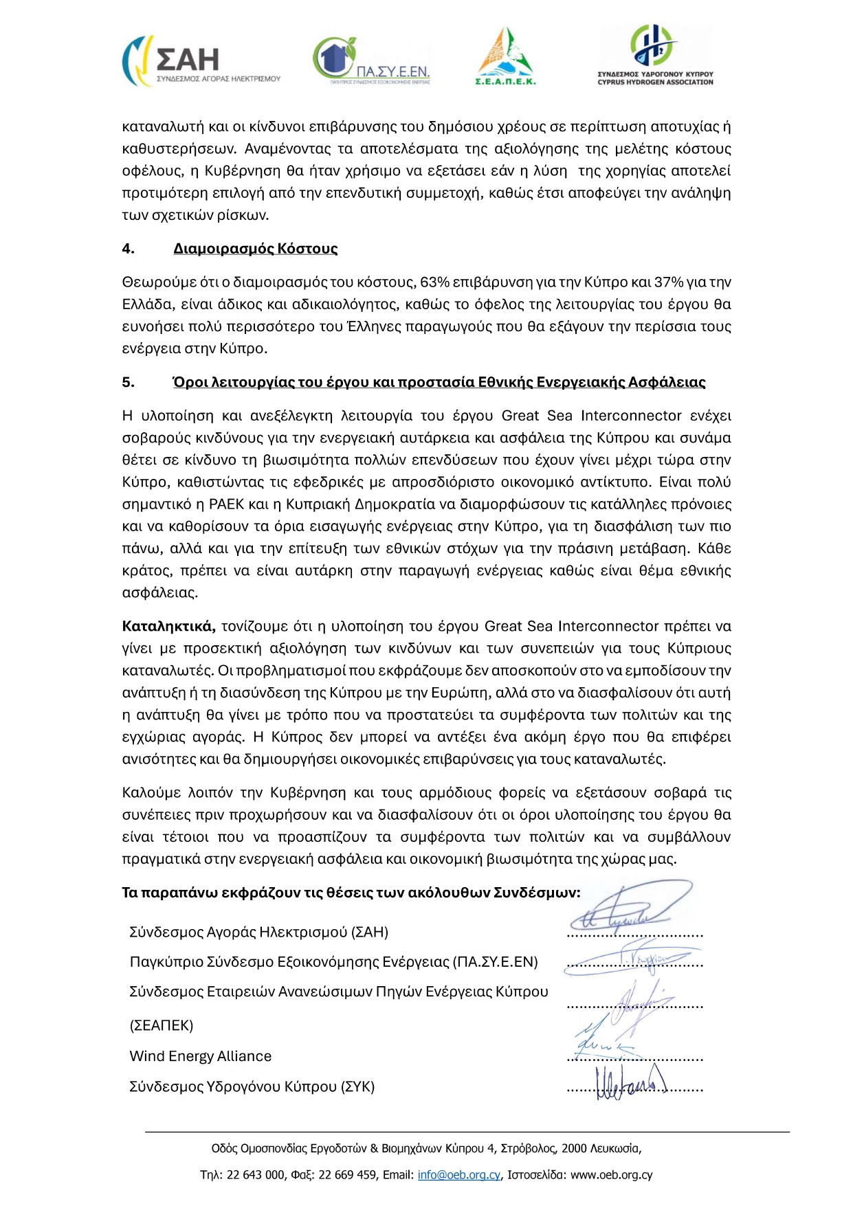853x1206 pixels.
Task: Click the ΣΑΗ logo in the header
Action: [201, 61]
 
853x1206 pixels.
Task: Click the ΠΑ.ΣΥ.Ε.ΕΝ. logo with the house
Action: [371, 61]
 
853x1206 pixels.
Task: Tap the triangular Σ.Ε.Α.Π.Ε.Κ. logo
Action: [505, 57]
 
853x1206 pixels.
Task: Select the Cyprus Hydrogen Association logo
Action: [655, 55]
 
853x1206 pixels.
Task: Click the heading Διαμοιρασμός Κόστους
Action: [255, 249]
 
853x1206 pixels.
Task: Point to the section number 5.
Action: [128, 382]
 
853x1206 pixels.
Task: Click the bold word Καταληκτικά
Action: [168, 626]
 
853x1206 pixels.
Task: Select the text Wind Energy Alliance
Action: [200, 1056]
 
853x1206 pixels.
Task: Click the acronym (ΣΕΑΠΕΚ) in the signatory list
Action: [162, 1025]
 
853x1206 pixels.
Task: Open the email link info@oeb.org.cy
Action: [458, 1175]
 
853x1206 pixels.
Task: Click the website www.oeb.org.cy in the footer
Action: [611, 1175]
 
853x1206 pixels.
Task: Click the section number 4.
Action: [128, 249]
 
